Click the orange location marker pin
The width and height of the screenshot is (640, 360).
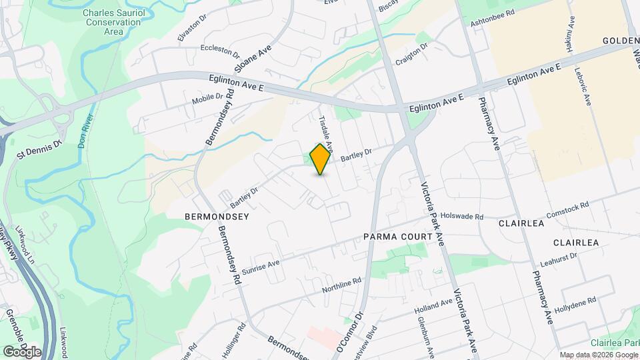pos(321,159)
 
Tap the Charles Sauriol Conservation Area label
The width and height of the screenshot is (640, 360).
pos(112,22)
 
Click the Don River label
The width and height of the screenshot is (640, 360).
pos(87,119)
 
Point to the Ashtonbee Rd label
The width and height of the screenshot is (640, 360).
pos(493,13)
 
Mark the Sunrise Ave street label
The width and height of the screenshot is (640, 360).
pos(261,267)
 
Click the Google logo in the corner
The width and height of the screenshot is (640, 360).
pos(22,352)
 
